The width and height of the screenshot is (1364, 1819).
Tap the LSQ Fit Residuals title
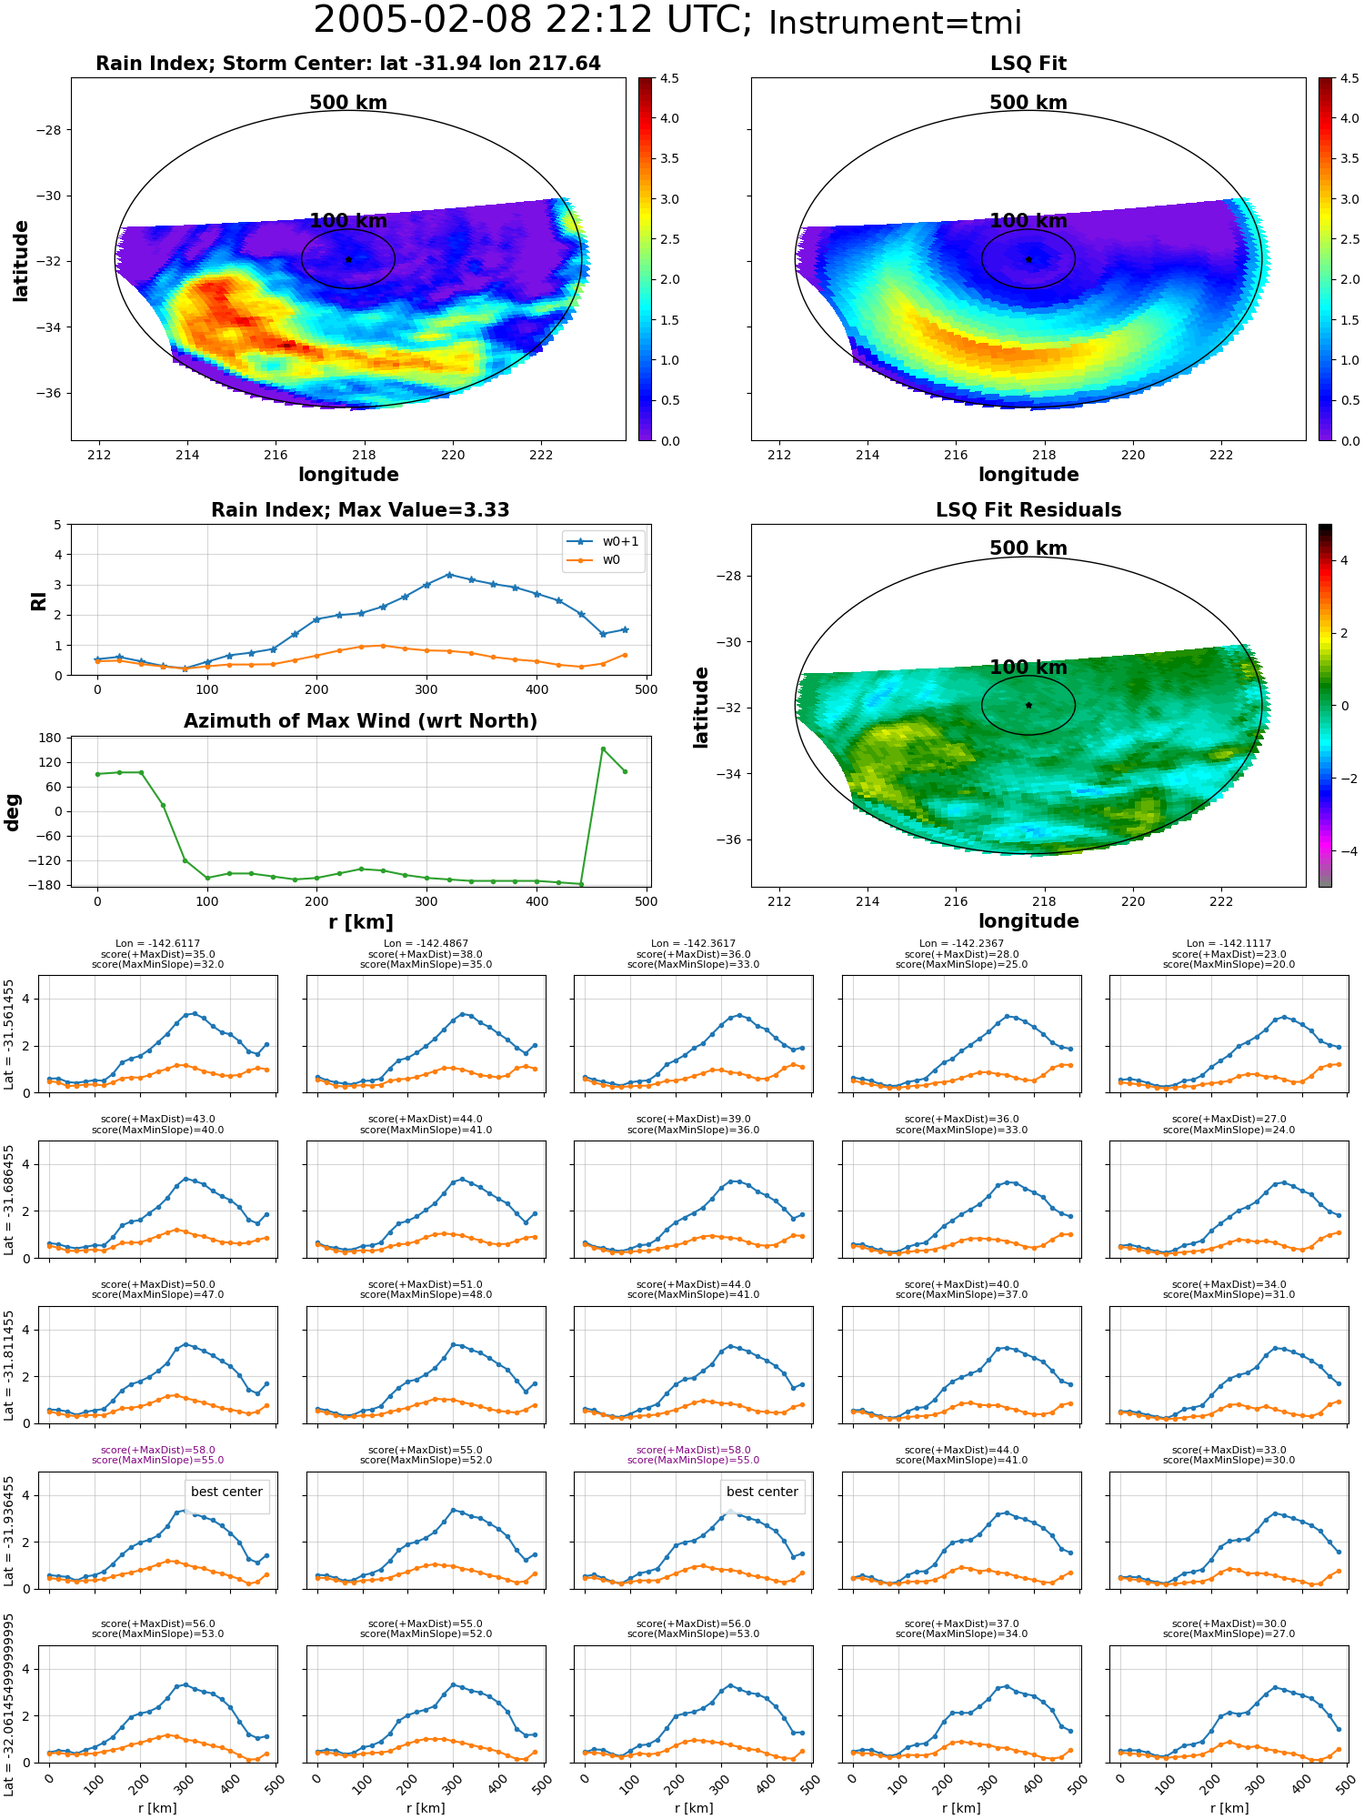point(1028,510)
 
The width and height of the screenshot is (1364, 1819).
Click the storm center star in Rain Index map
point(348,259)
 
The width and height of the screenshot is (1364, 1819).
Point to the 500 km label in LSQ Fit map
point(1028,103)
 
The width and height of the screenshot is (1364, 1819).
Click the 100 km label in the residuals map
point(1028,667)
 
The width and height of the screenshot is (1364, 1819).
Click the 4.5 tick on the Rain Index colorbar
point(669,78)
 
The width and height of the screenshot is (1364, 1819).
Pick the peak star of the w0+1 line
point(448,575)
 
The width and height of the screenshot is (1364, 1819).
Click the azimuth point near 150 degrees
point(603,749)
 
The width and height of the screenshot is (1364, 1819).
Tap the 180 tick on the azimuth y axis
point(51,738)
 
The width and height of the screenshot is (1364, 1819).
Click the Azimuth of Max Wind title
point(360,721)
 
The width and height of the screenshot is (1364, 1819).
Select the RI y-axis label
point(38,600)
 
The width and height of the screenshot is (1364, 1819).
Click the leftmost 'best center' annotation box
point(226,1492)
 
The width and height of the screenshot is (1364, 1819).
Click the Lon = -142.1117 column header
point(1229,944)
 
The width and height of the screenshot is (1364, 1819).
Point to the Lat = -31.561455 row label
point(9,1034)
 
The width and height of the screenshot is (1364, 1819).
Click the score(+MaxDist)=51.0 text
point(426,1284)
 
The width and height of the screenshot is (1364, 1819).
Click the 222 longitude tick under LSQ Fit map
point(1221,455)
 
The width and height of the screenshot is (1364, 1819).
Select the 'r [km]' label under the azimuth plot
point(360,922)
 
